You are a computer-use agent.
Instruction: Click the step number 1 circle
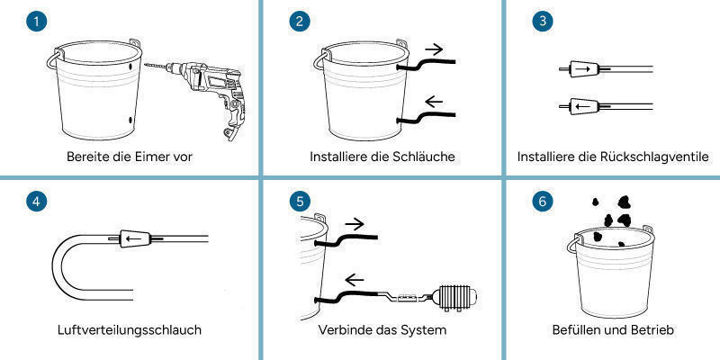pos(34,22)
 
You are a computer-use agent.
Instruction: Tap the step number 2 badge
pos(299,22)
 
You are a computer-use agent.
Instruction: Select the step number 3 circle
pos(540,22)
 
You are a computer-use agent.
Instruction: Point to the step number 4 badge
pos(34,202)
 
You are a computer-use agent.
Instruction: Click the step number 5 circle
pos(299,202)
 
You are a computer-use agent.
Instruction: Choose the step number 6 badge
pos(540,202)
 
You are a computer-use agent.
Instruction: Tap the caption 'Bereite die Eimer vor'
pos(130,157)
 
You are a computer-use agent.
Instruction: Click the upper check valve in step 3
pos(581,68)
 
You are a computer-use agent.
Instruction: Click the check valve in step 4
pos(134,239)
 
